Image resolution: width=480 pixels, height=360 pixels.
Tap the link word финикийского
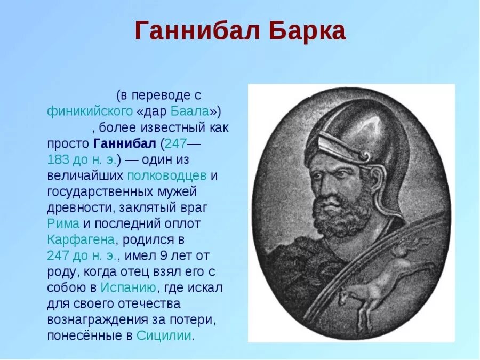(90, 111)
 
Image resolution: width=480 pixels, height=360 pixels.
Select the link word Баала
(189, 111)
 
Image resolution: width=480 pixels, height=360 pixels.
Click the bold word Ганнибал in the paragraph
(124, 143)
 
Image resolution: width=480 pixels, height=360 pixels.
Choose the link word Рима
(63, 223)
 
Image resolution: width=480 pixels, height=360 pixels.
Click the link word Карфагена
(81, 239)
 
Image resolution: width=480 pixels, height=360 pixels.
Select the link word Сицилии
(164, 335)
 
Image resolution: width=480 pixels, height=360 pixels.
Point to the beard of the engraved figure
(341, 213)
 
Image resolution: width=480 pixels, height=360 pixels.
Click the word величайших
(85, 175)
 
